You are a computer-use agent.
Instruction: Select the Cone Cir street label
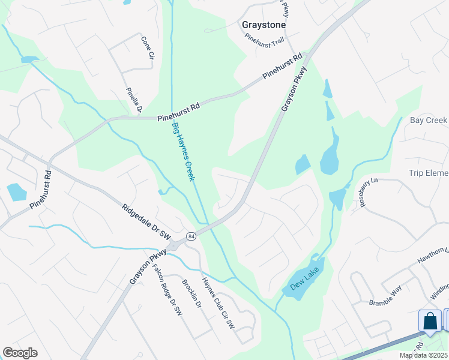(146, 47)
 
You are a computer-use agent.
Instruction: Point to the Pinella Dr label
(133, 100)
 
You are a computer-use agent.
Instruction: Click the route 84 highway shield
(190, 235)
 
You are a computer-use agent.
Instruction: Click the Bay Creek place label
(429, 121)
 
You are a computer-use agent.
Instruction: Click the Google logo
(20, 353)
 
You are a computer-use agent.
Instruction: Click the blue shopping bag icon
(430, 320)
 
